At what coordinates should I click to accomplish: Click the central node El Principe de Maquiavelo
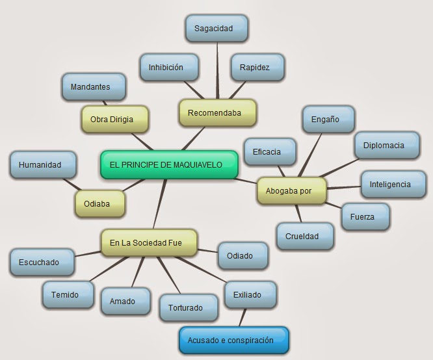point(170,165)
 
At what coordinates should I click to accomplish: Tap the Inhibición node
point(166,68)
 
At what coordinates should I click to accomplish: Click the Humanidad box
point(40,165)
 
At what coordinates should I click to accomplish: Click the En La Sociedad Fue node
point(149,243)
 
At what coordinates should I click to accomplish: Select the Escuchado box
point(39,263)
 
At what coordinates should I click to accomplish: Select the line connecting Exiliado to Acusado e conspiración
point(243,318)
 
